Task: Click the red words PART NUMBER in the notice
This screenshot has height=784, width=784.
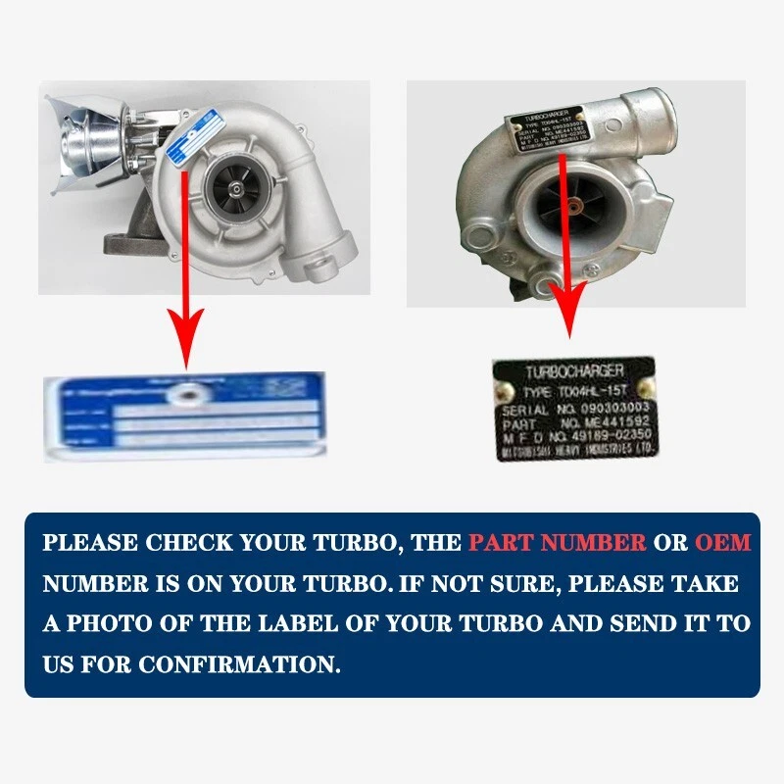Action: (x=557, y=543)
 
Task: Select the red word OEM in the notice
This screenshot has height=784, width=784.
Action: (x=722, y=543)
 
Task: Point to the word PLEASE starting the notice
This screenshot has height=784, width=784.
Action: (x=89, y=543)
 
